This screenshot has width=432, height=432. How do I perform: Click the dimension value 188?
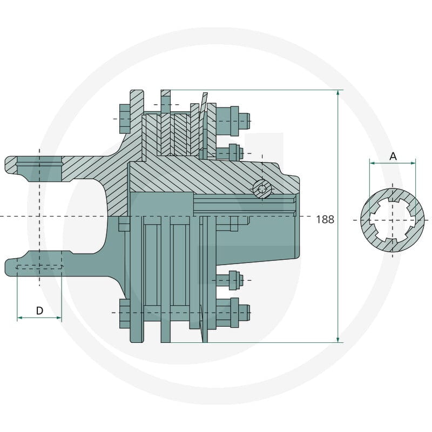pyautogui.click(x=325, y=220)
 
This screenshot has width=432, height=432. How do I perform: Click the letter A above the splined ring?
pyautogui.click(x=393, y=157)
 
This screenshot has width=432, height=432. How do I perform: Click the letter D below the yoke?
pyautogui.click(x=39, y=311)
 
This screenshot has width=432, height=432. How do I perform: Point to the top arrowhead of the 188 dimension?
pyautogui.click(x=338, y=93)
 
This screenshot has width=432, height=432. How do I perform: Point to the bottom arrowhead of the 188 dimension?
pyautogui.click(x=338, y=340)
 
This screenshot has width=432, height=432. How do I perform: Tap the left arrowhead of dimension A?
pyautogui.click(x=372, y=163)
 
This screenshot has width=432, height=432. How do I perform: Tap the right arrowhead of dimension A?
pyautogui.click(x=413, y=163)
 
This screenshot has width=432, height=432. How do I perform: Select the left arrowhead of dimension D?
pyautogui.click(x=20, y=318)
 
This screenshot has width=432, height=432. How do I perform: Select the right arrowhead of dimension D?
pyautogui.click(x=59, y=318)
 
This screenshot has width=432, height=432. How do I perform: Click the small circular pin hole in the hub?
pyautogui.click(x=262, y=189)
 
